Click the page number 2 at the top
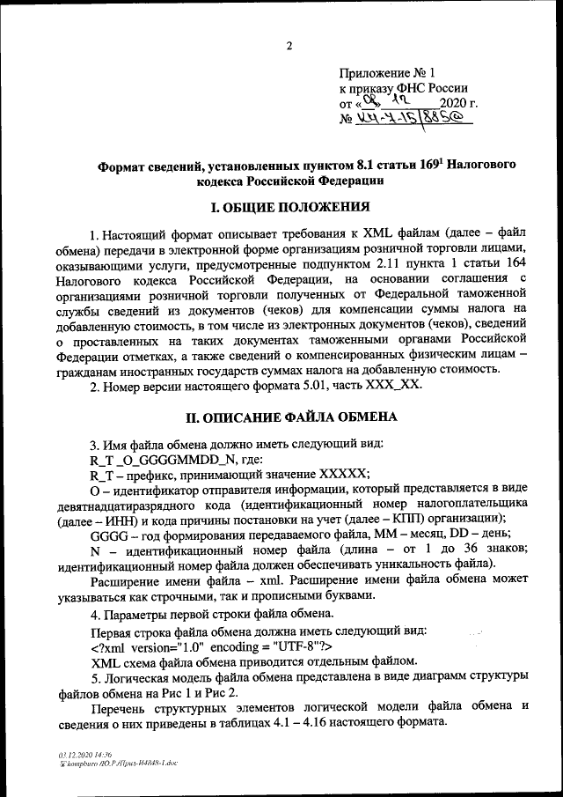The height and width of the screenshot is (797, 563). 289,46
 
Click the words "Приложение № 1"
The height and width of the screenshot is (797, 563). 387,72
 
